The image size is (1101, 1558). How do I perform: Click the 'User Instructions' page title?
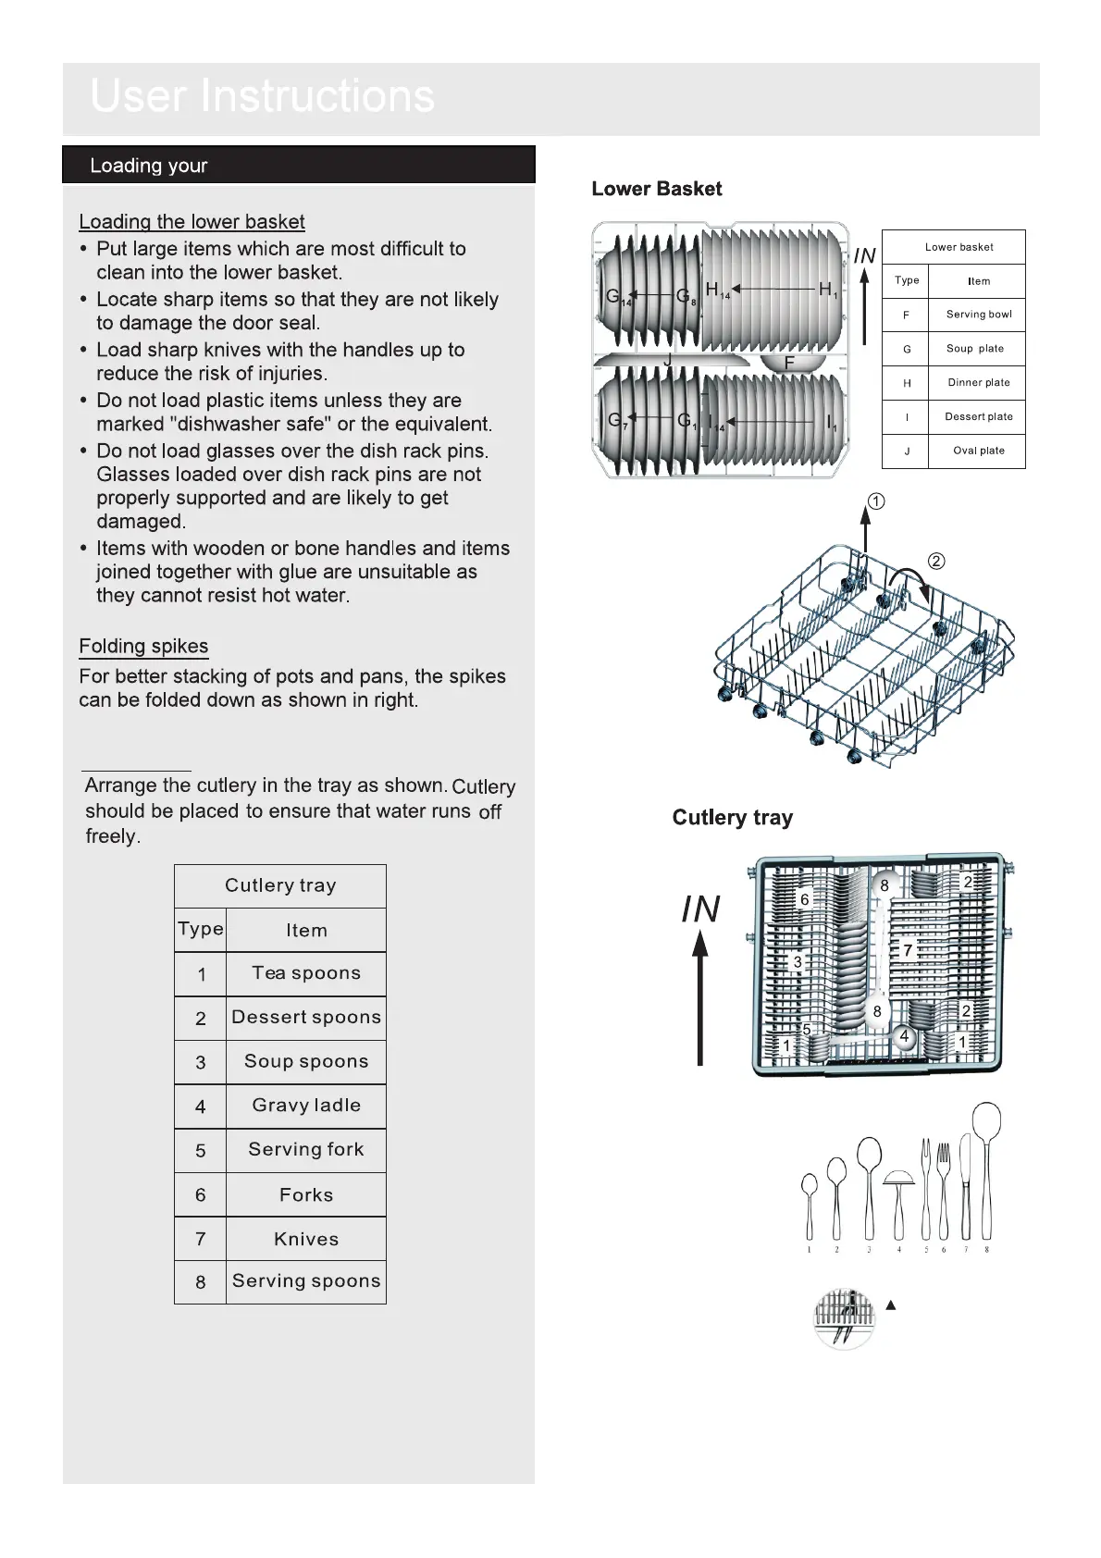click(x=262, y=96)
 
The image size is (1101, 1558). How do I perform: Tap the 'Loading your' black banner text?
click(x=148, y=166)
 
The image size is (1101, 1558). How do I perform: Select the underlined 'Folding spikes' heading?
click(x=143, y=646)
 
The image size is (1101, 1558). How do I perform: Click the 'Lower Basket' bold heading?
click(x=656, y=189)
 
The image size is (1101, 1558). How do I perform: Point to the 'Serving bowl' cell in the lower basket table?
click(x=978, y=315)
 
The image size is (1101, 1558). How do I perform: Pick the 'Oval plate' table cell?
click(x=978, y=451)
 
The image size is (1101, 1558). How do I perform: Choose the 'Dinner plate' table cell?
click(x=978, y=382)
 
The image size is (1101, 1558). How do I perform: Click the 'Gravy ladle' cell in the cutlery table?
click(x=305, y=1105)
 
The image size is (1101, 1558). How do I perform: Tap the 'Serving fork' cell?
click(x=305, y=1149)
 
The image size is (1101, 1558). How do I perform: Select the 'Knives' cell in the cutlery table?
click(x=305, y=1239)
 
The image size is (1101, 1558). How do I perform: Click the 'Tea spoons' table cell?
click(x=305, y=972)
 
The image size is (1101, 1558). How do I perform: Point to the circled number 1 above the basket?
click(x=876, y=501)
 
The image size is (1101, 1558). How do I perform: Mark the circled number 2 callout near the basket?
click(x=935, y=561)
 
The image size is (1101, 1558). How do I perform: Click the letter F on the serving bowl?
click(x=789, y=363)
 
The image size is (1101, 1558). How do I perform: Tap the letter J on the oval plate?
click(x=667, y=359)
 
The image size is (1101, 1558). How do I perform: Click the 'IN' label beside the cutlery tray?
click(x=700, y=909)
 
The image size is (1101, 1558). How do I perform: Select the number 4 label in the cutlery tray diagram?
click(x=904, y=1037)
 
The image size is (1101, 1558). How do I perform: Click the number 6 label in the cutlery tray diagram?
click(x=804, y=899)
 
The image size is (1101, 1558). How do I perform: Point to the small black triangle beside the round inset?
click(x=891, y=1305)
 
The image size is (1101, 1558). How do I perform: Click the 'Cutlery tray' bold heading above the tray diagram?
click(x=732, y=818)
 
